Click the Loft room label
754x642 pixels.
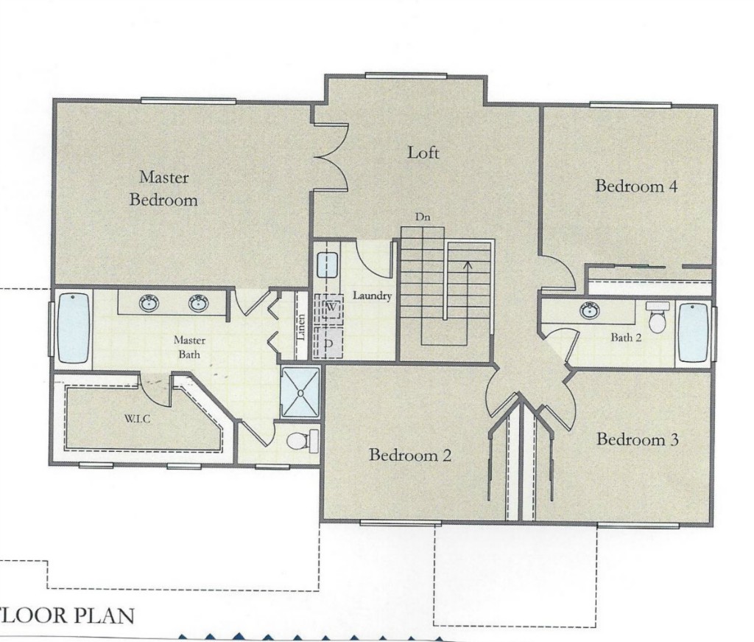pyautogui.click(x=423, y=153)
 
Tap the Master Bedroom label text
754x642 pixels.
pyautogui.click(x=163, y=188)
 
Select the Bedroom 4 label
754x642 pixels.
pyautogui.click(x=636, y=186)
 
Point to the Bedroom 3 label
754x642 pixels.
pyautogui.click(x=637, y=439)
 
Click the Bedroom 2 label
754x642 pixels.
pyautogui.click(x=409, y=455)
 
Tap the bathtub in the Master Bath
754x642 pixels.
pyautogui.click(x=74, y=328)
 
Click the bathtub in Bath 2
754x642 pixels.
pyautogui.click(x=693, y=332)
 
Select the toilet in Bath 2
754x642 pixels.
pyautogui.click(x=655, y=317)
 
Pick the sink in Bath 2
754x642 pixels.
pyautogui.click(x=590, y=310)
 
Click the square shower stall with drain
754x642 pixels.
pyautogui.click(x=300, y=392)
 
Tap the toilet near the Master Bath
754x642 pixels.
pyautogui.click(x=303, y=440)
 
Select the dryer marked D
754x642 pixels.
pyautogui.click(x=329, y=343)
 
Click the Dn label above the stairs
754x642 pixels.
pyautogui.click(x=423, y=217)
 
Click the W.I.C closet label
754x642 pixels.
pyautogui.click(x=137, y=419)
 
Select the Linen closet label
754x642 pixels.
pyautogui.click(x=301, y=327)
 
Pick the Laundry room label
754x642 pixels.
pyautogui.click(x=372, y=296)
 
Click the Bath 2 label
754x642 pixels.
pyautogui.click(x=626, y=338)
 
